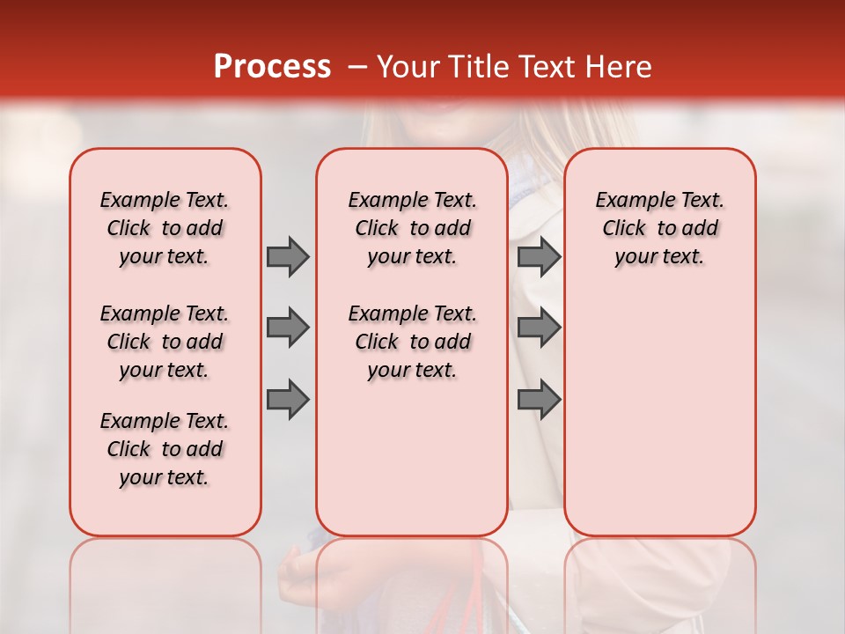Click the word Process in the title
point(272,66)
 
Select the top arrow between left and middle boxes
point(288,256)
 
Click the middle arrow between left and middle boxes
point(288,328)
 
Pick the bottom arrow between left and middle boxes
point(288,399)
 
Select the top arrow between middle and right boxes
point(539,256)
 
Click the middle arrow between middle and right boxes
point(539,328)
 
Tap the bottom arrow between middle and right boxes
point(539,399)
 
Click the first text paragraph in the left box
point(165,228)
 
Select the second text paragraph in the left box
point(165,342)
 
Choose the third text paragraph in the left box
point(165,449)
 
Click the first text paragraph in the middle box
point(412,228)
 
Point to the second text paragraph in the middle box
point(412,342)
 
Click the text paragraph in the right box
point(659,228)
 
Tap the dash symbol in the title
point(357,67)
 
